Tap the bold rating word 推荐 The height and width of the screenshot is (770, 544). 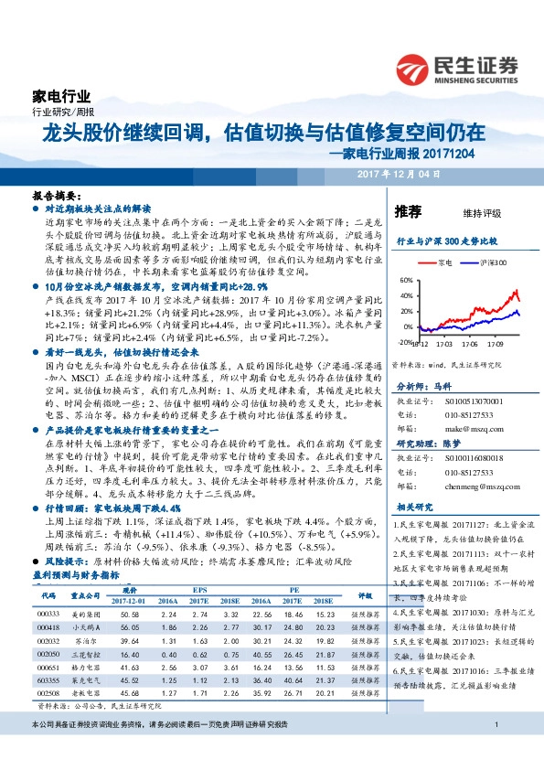pyautogui.click(x=408, y=211)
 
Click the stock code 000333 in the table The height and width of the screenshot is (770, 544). pyautogui.click(x=49, y=613)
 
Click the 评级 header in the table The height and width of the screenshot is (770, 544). pyautogui.click(x=365, y=595)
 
